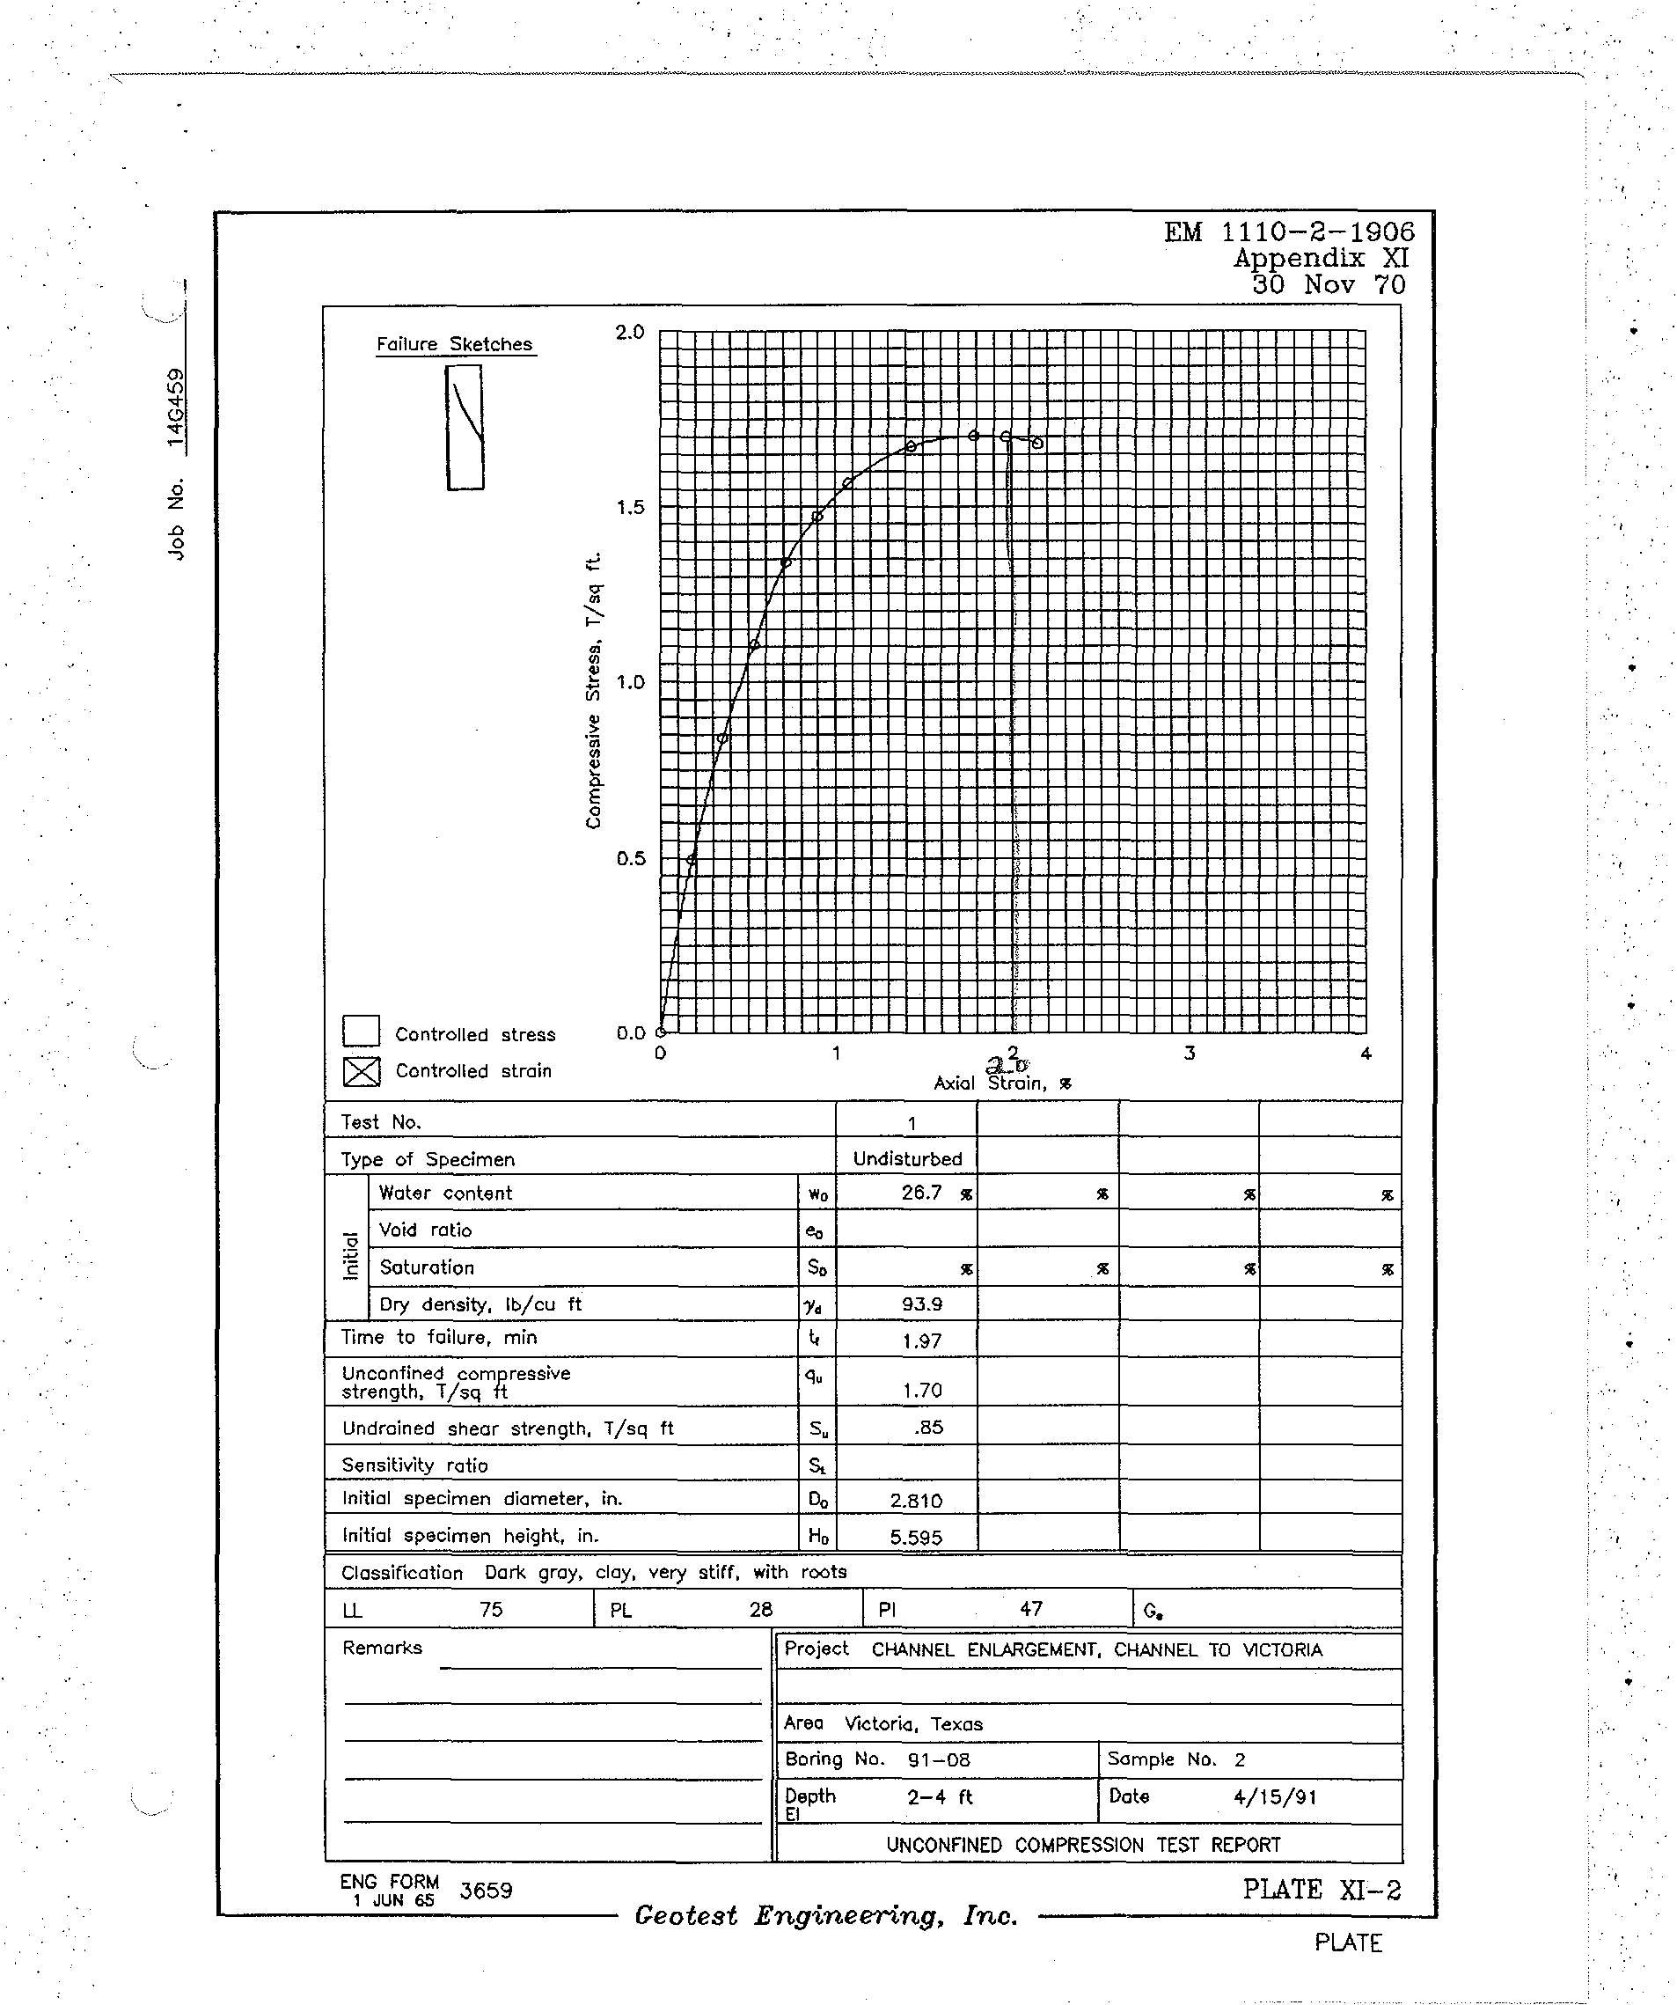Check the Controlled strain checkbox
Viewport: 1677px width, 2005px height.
(x=361, y=1071)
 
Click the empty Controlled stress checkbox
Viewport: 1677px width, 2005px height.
(x=361, y=1032)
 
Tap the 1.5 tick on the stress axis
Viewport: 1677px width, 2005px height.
(x=630, y=507)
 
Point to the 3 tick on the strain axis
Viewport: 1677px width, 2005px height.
(x=1190, y=1053)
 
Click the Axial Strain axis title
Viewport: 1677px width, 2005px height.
(x=1002, y=1083)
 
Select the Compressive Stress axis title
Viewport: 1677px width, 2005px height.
(x=594, y=690)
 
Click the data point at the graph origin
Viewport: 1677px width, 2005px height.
(x=661, y=1032)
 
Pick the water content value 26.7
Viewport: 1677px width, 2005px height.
(x=922, y=1193)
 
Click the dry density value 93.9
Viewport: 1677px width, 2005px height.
(x=922, y=1304)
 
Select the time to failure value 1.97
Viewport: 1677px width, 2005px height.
(x=922, y=1340)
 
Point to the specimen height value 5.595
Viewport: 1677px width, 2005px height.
(x=916, y=1537)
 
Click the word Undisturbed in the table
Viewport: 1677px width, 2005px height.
(x=908, y=1159)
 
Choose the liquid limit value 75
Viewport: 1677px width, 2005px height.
(x=491, y=1610)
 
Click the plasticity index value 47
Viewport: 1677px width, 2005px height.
(x=1031, y=1610)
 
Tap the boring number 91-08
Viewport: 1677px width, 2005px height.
(x=939, y=1759)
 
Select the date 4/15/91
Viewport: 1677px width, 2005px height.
(x=1275, y=1797)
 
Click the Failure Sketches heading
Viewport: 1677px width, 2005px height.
(x=454, y=345)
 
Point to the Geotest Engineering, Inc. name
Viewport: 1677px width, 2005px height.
(x=826, y=1915)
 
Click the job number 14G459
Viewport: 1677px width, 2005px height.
(x=176, y=407)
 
